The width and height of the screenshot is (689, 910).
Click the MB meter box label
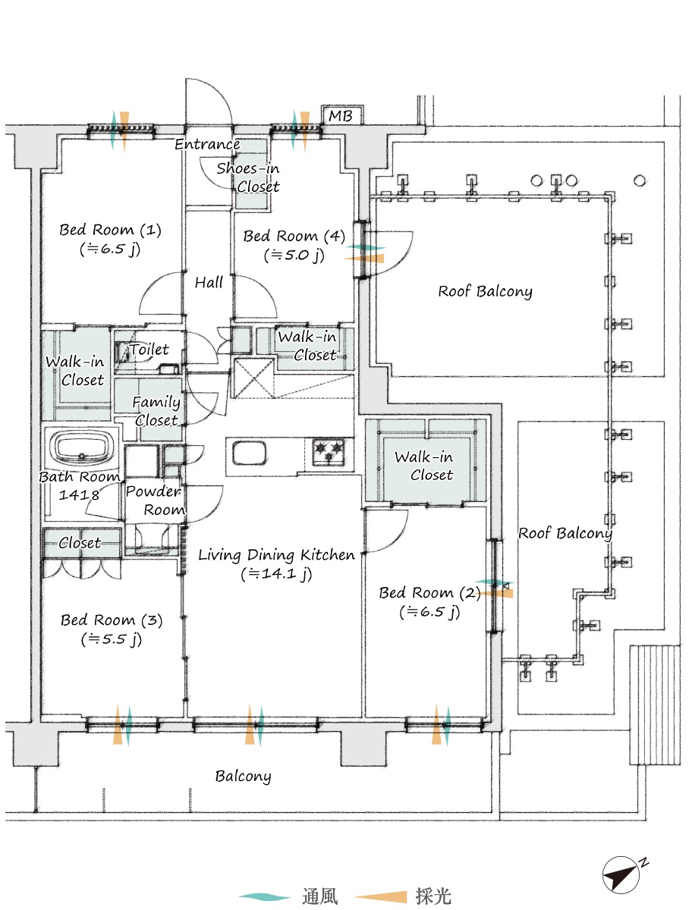coord(340,116)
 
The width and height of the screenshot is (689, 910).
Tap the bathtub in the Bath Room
coord(82,447)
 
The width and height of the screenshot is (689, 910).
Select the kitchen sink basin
coord(249,453)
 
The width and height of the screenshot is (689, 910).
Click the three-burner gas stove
coord(329,451)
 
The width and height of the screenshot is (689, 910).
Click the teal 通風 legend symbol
coord(264,898)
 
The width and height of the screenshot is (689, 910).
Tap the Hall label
coord(209,282)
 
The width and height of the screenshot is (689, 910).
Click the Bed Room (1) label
coord(110,230)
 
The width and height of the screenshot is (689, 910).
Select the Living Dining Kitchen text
coord(276,554)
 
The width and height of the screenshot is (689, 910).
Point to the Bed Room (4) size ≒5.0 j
coord(294,255)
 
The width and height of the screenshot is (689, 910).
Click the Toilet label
coord(149,350)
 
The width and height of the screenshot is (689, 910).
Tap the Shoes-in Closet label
coord(248,177)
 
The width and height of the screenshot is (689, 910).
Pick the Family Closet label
coord(156,411)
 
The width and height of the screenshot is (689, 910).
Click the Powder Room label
coord(155,500)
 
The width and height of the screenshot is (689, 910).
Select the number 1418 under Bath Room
coord(79,494)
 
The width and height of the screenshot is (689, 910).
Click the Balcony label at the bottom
coord(243,776)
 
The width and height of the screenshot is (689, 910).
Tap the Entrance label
coord(207,144)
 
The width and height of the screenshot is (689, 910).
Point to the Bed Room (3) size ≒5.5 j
coord(112,639)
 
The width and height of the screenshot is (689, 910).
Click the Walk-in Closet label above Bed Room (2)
coord(424,466)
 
